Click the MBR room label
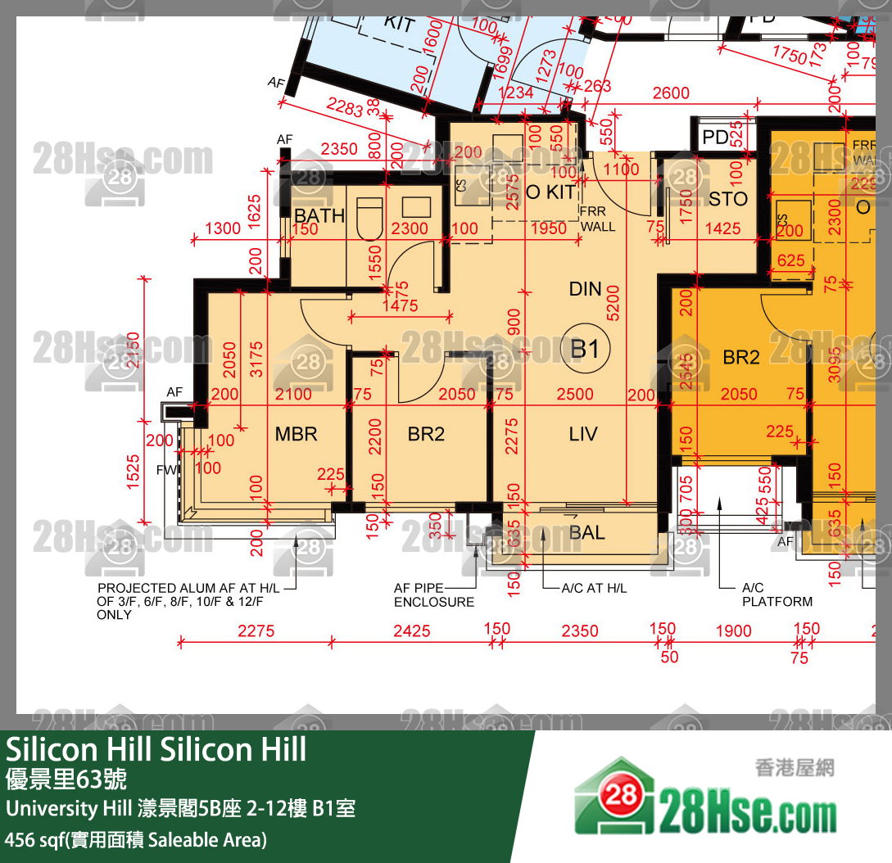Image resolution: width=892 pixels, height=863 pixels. (297, 434)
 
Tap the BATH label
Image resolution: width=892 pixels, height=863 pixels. (319, 216)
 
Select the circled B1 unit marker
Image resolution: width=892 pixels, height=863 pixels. (585, 350)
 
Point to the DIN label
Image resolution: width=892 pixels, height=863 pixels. (586, 289)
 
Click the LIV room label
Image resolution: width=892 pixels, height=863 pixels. (583, 434)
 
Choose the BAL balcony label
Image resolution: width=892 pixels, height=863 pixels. (587, 533)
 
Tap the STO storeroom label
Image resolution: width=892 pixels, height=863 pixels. (728, 199)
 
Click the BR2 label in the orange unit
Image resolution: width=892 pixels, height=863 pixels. (741, 358)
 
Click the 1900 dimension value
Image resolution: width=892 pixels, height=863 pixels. (733, 631)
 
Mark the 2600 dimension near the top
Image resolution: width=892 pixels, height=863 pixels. (671, 94)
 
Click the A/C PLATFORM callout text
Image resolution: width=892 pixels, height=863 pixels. (777, 595)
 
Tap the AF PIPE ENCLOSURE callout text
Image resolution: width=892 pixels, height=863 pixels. (433, 595)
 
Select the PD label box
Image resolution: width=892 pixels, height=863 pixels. (716, 138)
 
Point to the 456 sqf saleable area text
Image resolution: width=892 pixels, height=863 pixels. (136, 840)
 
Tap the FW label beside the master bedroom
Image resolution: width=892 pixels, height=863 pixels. (166, 471)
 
